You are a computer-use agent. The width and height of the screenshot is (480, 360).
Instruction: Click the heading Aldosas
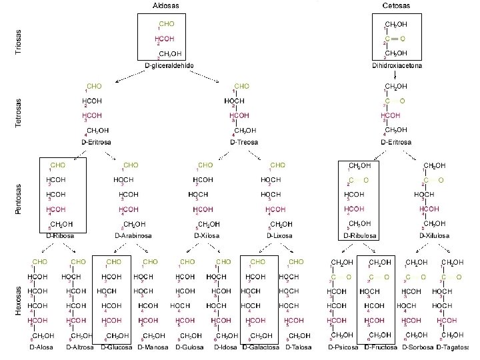click(167, 5)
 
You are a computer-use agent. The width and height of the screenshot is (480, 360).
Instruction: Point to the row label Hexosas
click(19, 301)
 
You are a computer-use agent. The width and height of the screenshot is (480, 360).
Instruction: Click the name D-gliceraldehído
click(169, 65)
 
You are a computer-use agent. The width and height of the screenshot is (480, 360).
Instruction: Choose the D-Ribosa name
click(60, 235)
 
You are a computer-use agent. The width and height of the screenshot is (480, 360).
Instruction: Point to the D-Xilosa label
click(206, 235)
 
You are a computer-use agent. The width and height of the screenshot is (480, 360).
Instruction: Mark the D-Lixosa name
click(280, 235)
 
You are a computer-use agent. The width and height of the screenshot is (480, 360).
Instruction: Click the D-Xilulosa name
click(435, 235)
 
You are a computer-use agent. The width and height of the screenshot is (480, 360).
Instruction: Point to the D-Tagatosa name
click(453, 348)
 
